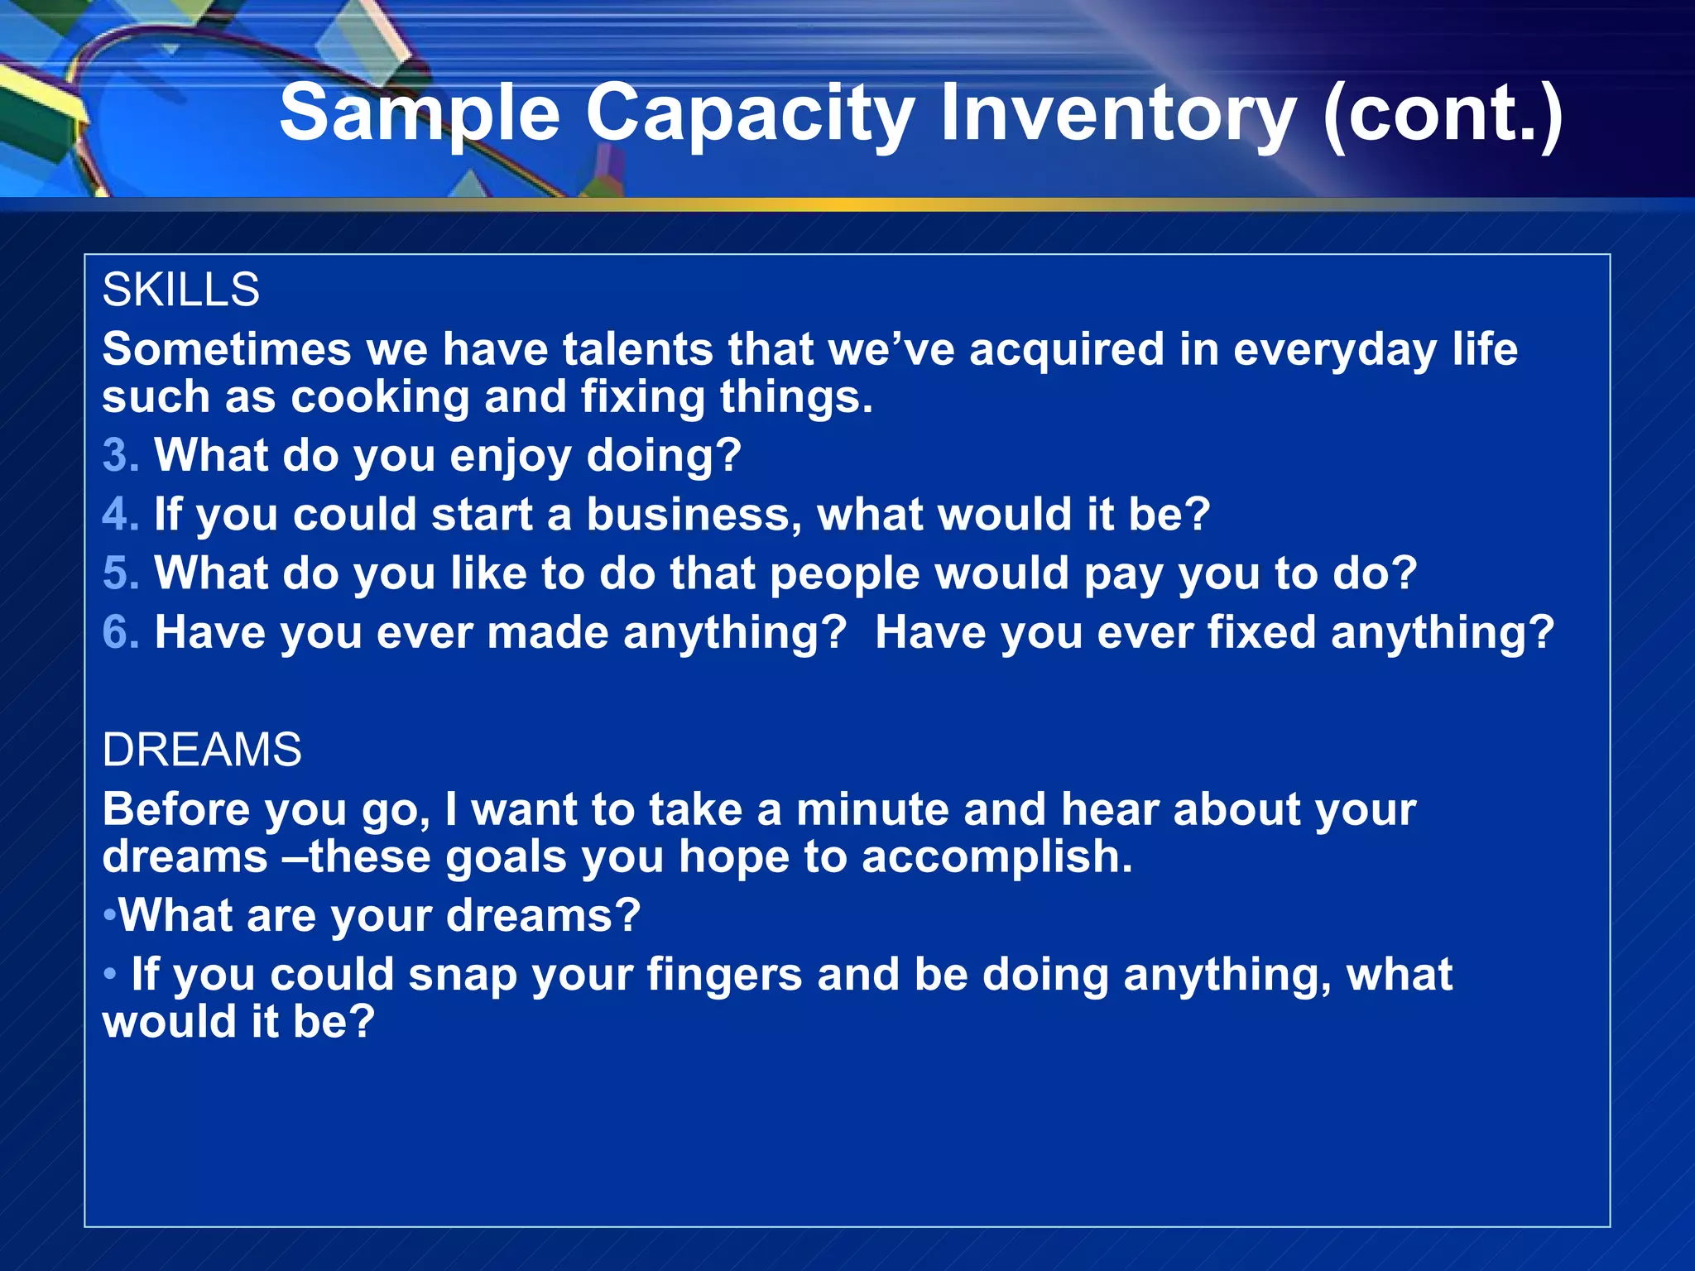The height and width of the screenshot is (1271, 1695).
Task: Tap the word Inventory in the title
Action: click(1116, 113)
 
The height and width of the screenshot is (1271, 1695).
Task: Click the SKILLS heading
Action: click(180, 290)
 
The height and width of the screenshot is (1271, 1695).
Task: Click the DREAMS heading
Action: click(202, 750)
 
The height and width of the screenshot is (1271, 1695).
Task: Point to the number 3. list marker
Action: click(121, 455)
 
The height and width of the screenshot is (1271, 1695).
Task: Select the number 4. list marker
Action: click(121, 514)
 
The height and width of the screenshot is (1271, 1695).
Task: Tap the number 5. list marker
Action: click(121, 573)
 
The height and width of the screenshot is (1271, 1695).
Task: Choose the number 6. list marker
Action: click(121, 632)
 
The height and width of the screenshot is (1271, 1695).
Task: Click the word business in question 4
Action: click(694, 514)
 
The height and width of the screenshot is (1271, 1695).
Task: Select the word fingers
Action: click(724, 975)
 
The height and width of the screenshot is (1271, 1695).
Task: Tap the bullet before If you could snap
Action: click(110, 975)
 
